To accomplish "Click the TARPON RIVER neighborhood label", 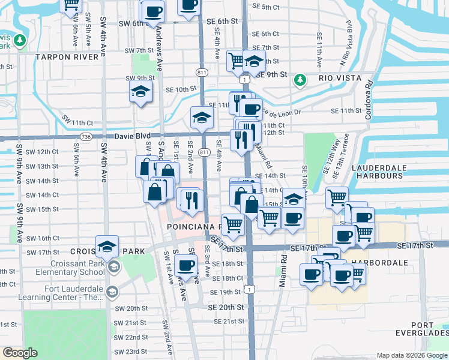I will click(x=67, y=57).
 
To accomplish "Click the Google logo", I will click(x=20, y=353).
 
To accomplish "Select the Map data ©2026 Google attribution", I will click(x=411, y=355).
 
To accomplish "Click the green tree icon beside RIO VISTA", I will click(x=300, y=79).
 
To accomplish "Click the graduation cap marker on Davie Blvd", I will click(x=200, y=116).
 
